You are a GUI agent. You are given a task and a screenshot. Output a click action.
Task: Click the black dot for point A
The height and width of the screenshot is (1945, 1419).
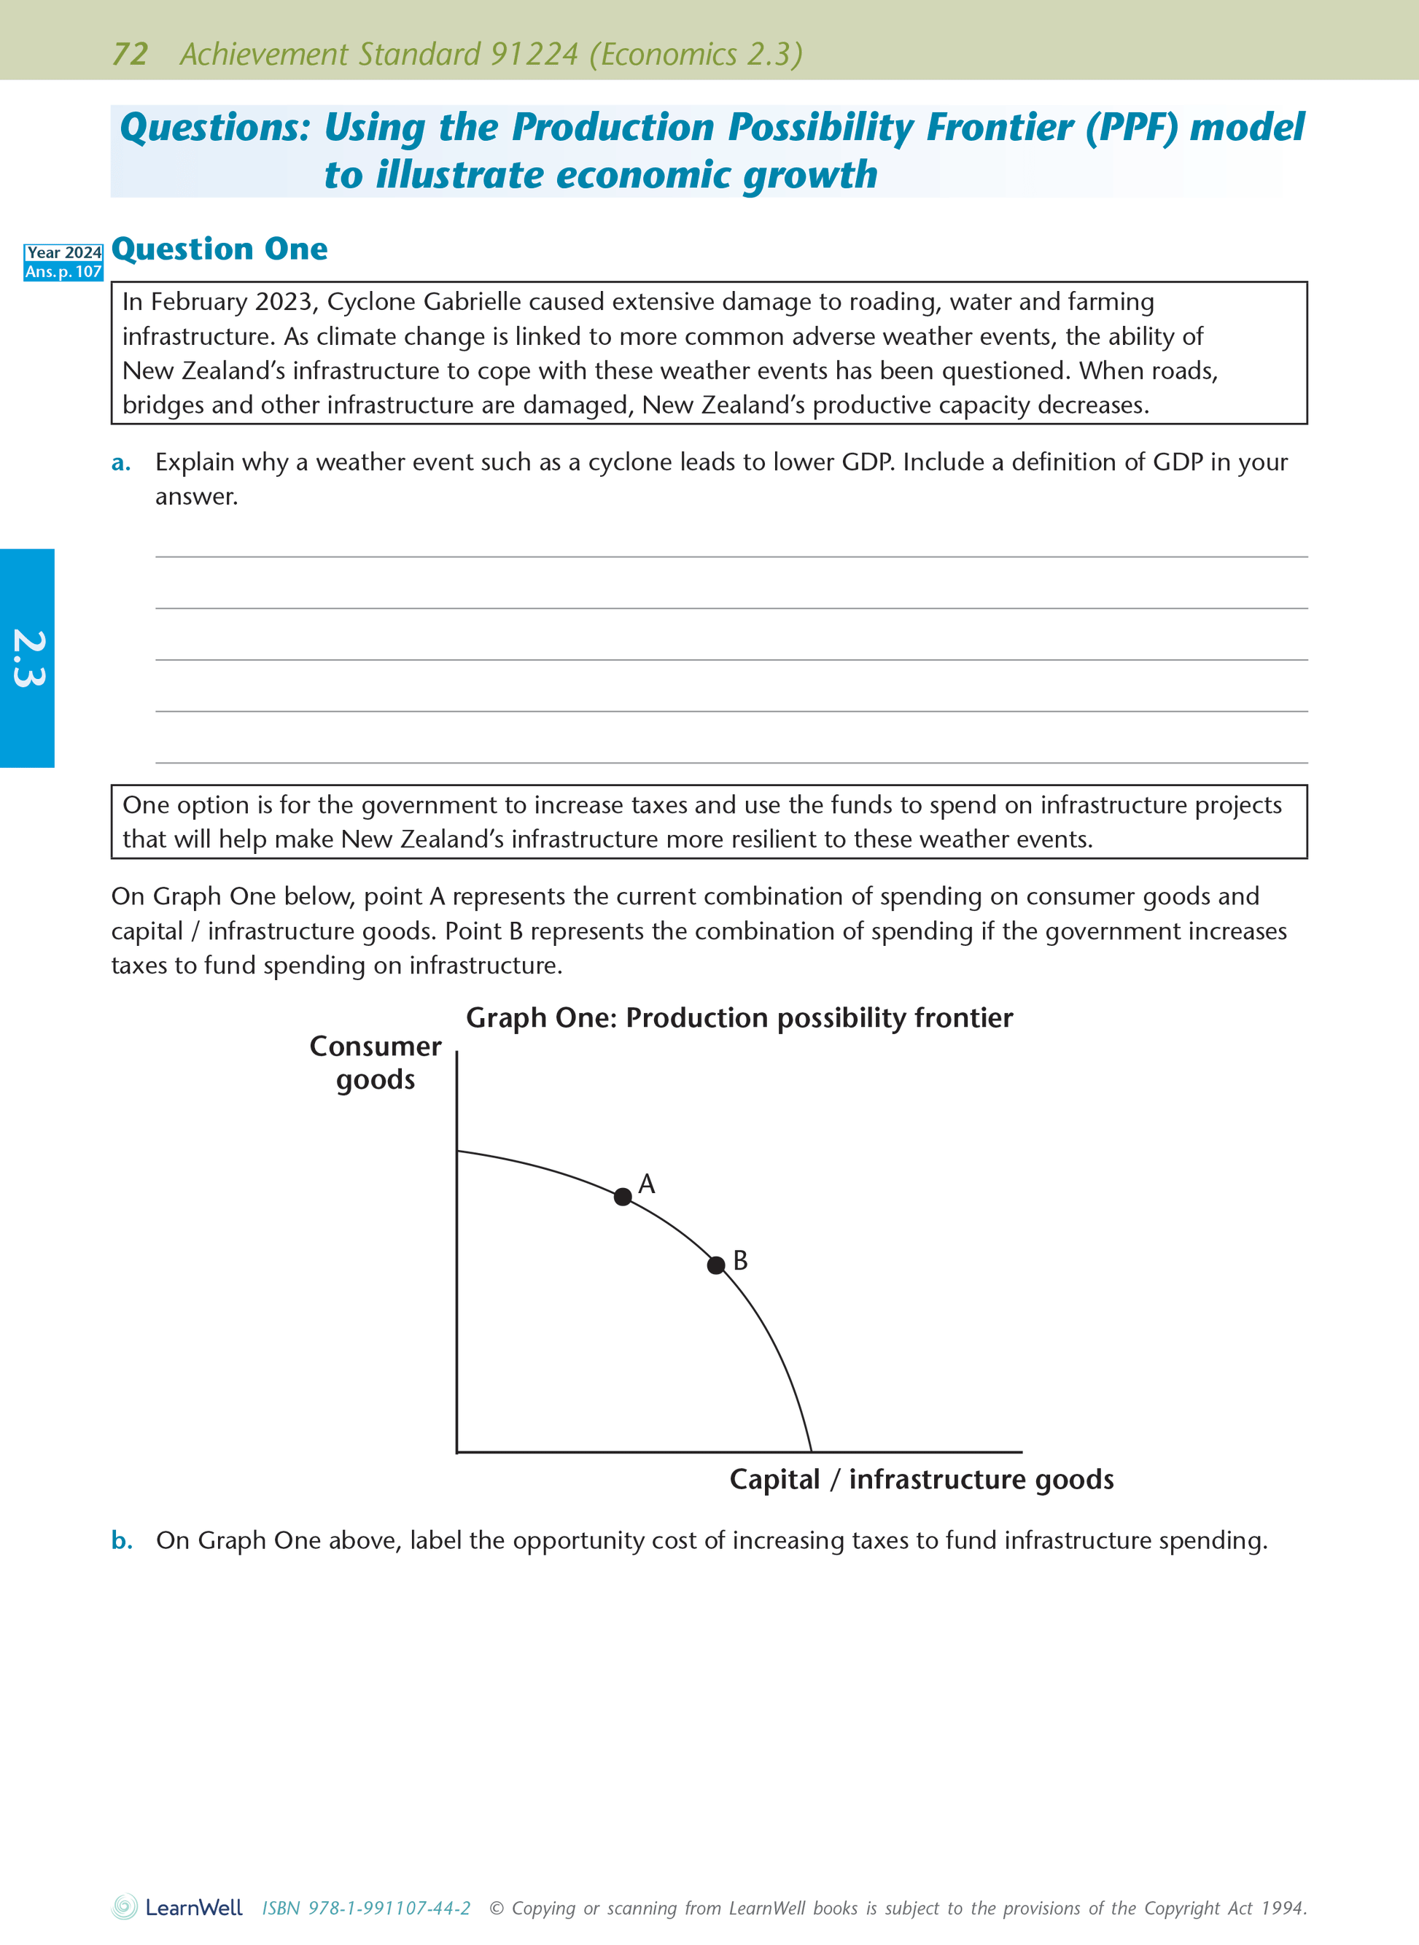click(623, 1197)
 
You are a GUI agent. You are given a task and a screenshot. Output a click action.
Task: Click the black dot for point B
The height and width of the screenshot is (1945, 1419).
click(715, 1265)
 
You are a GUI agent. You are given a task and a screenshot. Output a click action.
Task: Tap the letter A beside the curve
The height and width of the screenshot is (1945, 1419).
click(647, 1184)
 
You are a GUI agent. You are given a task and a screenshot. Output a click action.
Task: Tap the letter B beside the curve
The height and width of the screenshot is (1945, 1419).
click(740, 1260)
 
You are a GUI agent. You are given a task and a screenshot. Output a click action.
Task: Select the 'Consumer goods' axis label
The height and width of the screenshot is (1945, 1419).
click(376, 1063)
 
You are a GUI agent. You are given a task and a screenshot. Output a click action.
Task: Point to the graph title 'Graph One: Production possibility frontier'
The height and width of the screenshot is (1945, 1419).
click(739, 1017)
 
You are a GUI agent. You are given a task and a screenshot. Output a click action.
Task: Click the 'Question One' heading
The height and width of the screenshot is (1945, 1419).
click(220, 249)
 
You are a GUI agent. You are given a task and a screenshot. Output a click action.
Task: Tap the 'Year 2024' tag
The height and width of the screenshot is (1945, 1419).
click(63, 252)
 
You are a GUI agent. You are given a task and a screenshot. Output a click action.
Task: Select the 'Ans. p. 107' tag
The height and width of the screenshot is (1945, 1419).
click(63, 271)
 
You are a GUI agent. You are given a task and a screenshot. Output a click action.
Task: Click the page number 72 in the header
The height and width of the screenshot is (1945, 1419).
click(130, 54)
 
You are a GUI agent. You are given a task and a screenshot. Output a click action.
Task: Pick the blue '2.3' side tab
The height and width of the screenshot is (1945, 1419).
click(28, 658)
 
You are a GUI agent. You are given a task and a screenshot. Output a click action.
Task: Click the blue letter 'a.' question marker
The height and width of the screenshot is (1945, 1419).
click(121, 462)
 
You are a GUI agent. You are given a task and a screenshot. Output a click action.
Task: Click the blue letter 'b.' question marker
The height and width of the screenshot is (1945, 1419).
click(122, 1540)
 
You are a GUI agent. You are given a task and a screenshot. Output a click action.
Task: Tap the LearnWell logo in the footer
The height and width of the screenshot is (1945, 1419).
click(178, 1907)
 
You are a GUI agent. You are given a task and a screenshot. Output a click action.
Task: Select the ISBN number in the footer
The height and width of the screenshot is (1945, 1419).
click(366, 1908)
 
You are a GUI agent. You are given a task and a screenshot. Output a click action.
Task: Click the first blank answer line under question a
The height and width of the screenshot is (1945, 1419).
click(731, 556)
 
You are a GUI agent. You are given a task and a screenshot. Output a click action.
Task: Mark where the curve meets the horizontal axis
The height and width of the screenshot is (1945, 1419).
click(811, 1452)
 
